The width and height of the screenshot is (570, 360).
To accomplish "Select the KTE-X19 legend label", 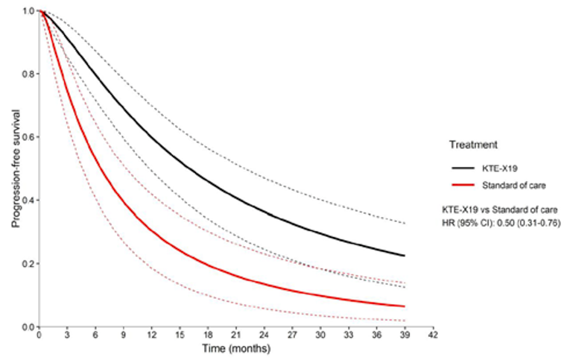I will click(496, 169).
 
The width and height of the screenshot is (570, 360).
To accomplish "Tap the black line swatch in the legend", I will click(461, 169).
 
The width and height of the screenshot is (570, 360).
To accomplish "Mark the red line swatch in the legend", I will click(461, 185).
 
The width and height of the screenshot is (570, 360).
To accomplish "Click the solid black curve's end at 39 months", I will click(405, 256).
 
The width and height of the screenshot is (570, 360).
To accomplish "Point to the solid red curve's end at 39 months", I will click(405, 306).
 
